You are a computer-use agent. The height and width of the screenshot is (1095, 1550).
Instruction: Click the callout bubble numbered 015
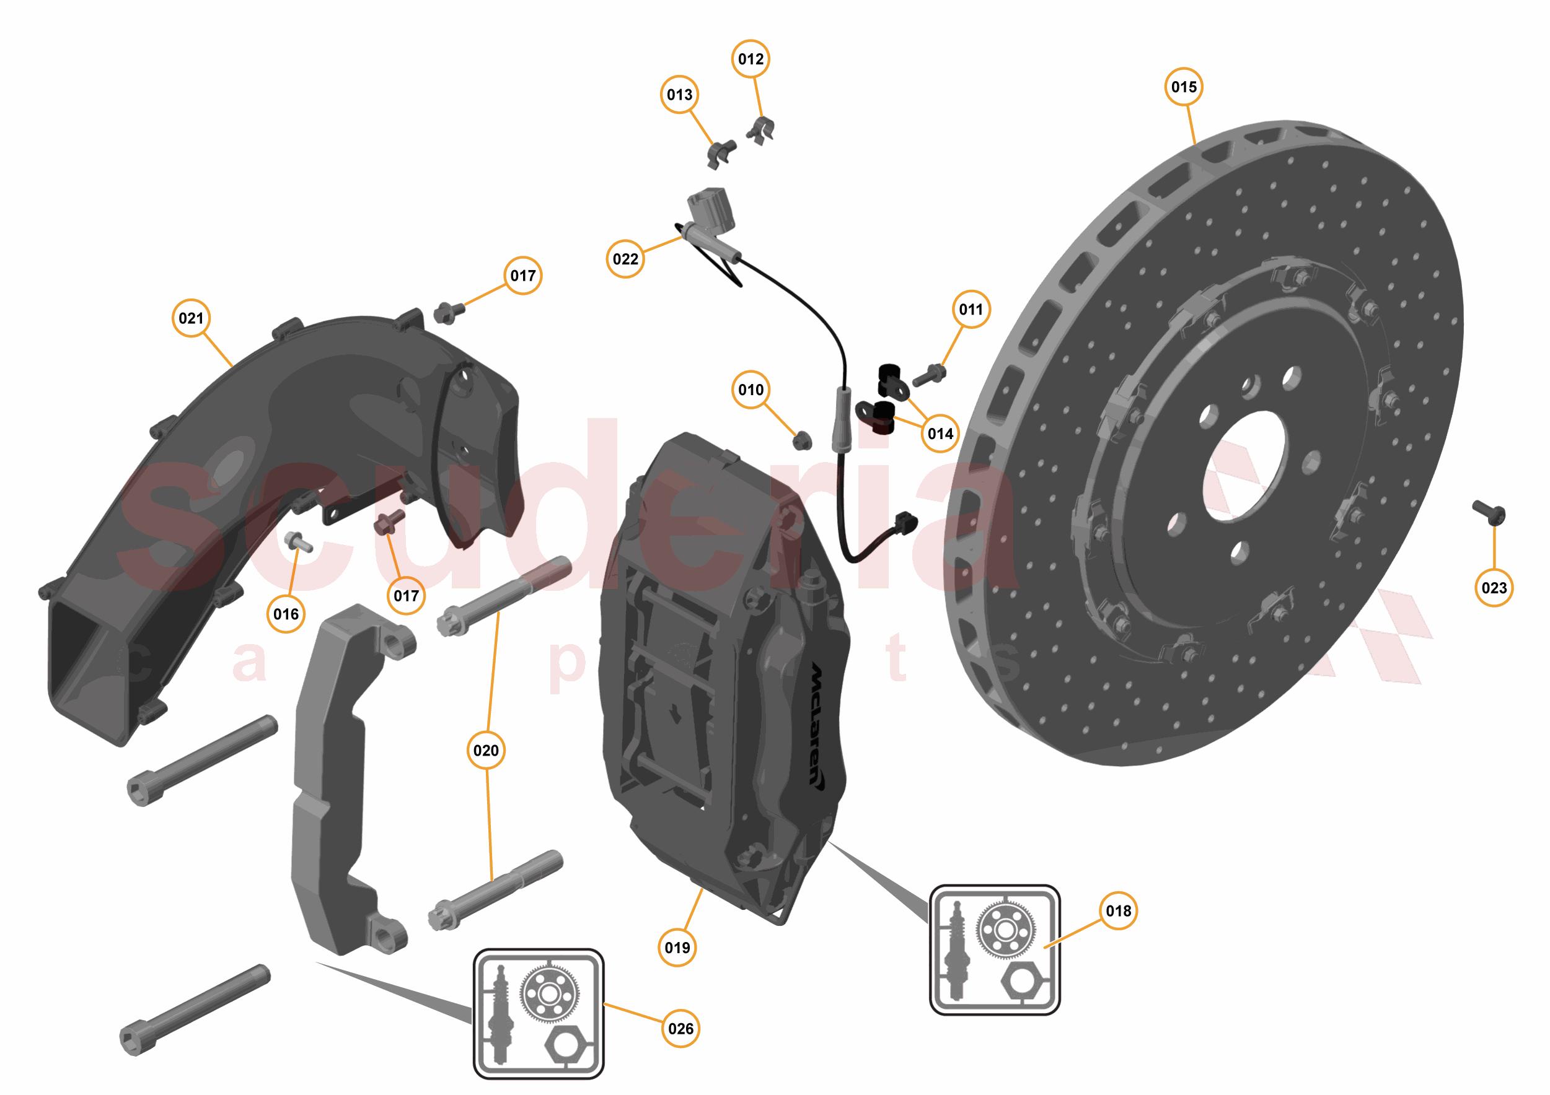tap(1184, 87)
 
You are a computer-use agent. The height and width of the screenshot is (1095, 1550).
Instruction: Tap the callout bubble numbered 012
tap(751, 59)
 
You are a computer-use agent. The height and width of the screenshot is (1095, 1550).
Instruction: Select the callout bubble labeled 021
tap(191, 318)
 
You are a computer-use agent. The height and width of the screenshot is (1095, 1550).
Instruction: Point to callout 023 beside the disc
tap(1494, 588)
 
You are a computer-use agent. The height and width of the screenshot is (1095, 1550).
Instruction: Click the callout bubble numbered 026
tap(680, 1028)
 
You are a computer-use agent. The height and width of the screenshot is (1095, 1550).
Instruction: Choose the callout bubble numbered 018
tap(1118, 911)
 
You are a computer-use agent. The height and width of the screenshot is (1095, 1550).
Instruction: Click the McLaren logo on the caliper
tap(817, 725)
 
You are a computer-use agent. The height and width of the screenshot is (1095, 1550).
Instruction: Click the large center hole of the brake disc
tap(1244, 466)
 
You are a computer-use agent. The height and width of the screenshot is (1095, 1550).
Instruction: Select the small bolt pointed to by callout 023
tap(1490, 513)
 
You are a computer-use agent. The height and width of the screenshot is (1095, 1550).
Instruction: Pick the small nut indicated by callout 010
tap(802, 441)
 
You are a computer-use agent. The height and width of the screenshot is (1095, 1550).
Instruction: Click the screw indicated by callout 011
tap(930, 375)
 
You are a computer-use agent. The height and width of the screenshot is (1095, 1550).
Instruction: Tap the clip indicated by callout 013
tap(720, 153)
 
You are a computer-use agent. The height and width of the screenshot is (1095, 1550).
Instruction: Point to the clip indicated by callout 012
tap(762, 129)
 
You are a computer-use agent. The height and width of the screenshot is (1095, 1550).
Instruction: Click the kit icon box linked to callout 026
tap(538, 1013)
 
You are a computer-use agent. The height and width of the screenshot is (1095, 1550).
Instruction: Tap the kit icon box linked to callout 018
tap(995, 949)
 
